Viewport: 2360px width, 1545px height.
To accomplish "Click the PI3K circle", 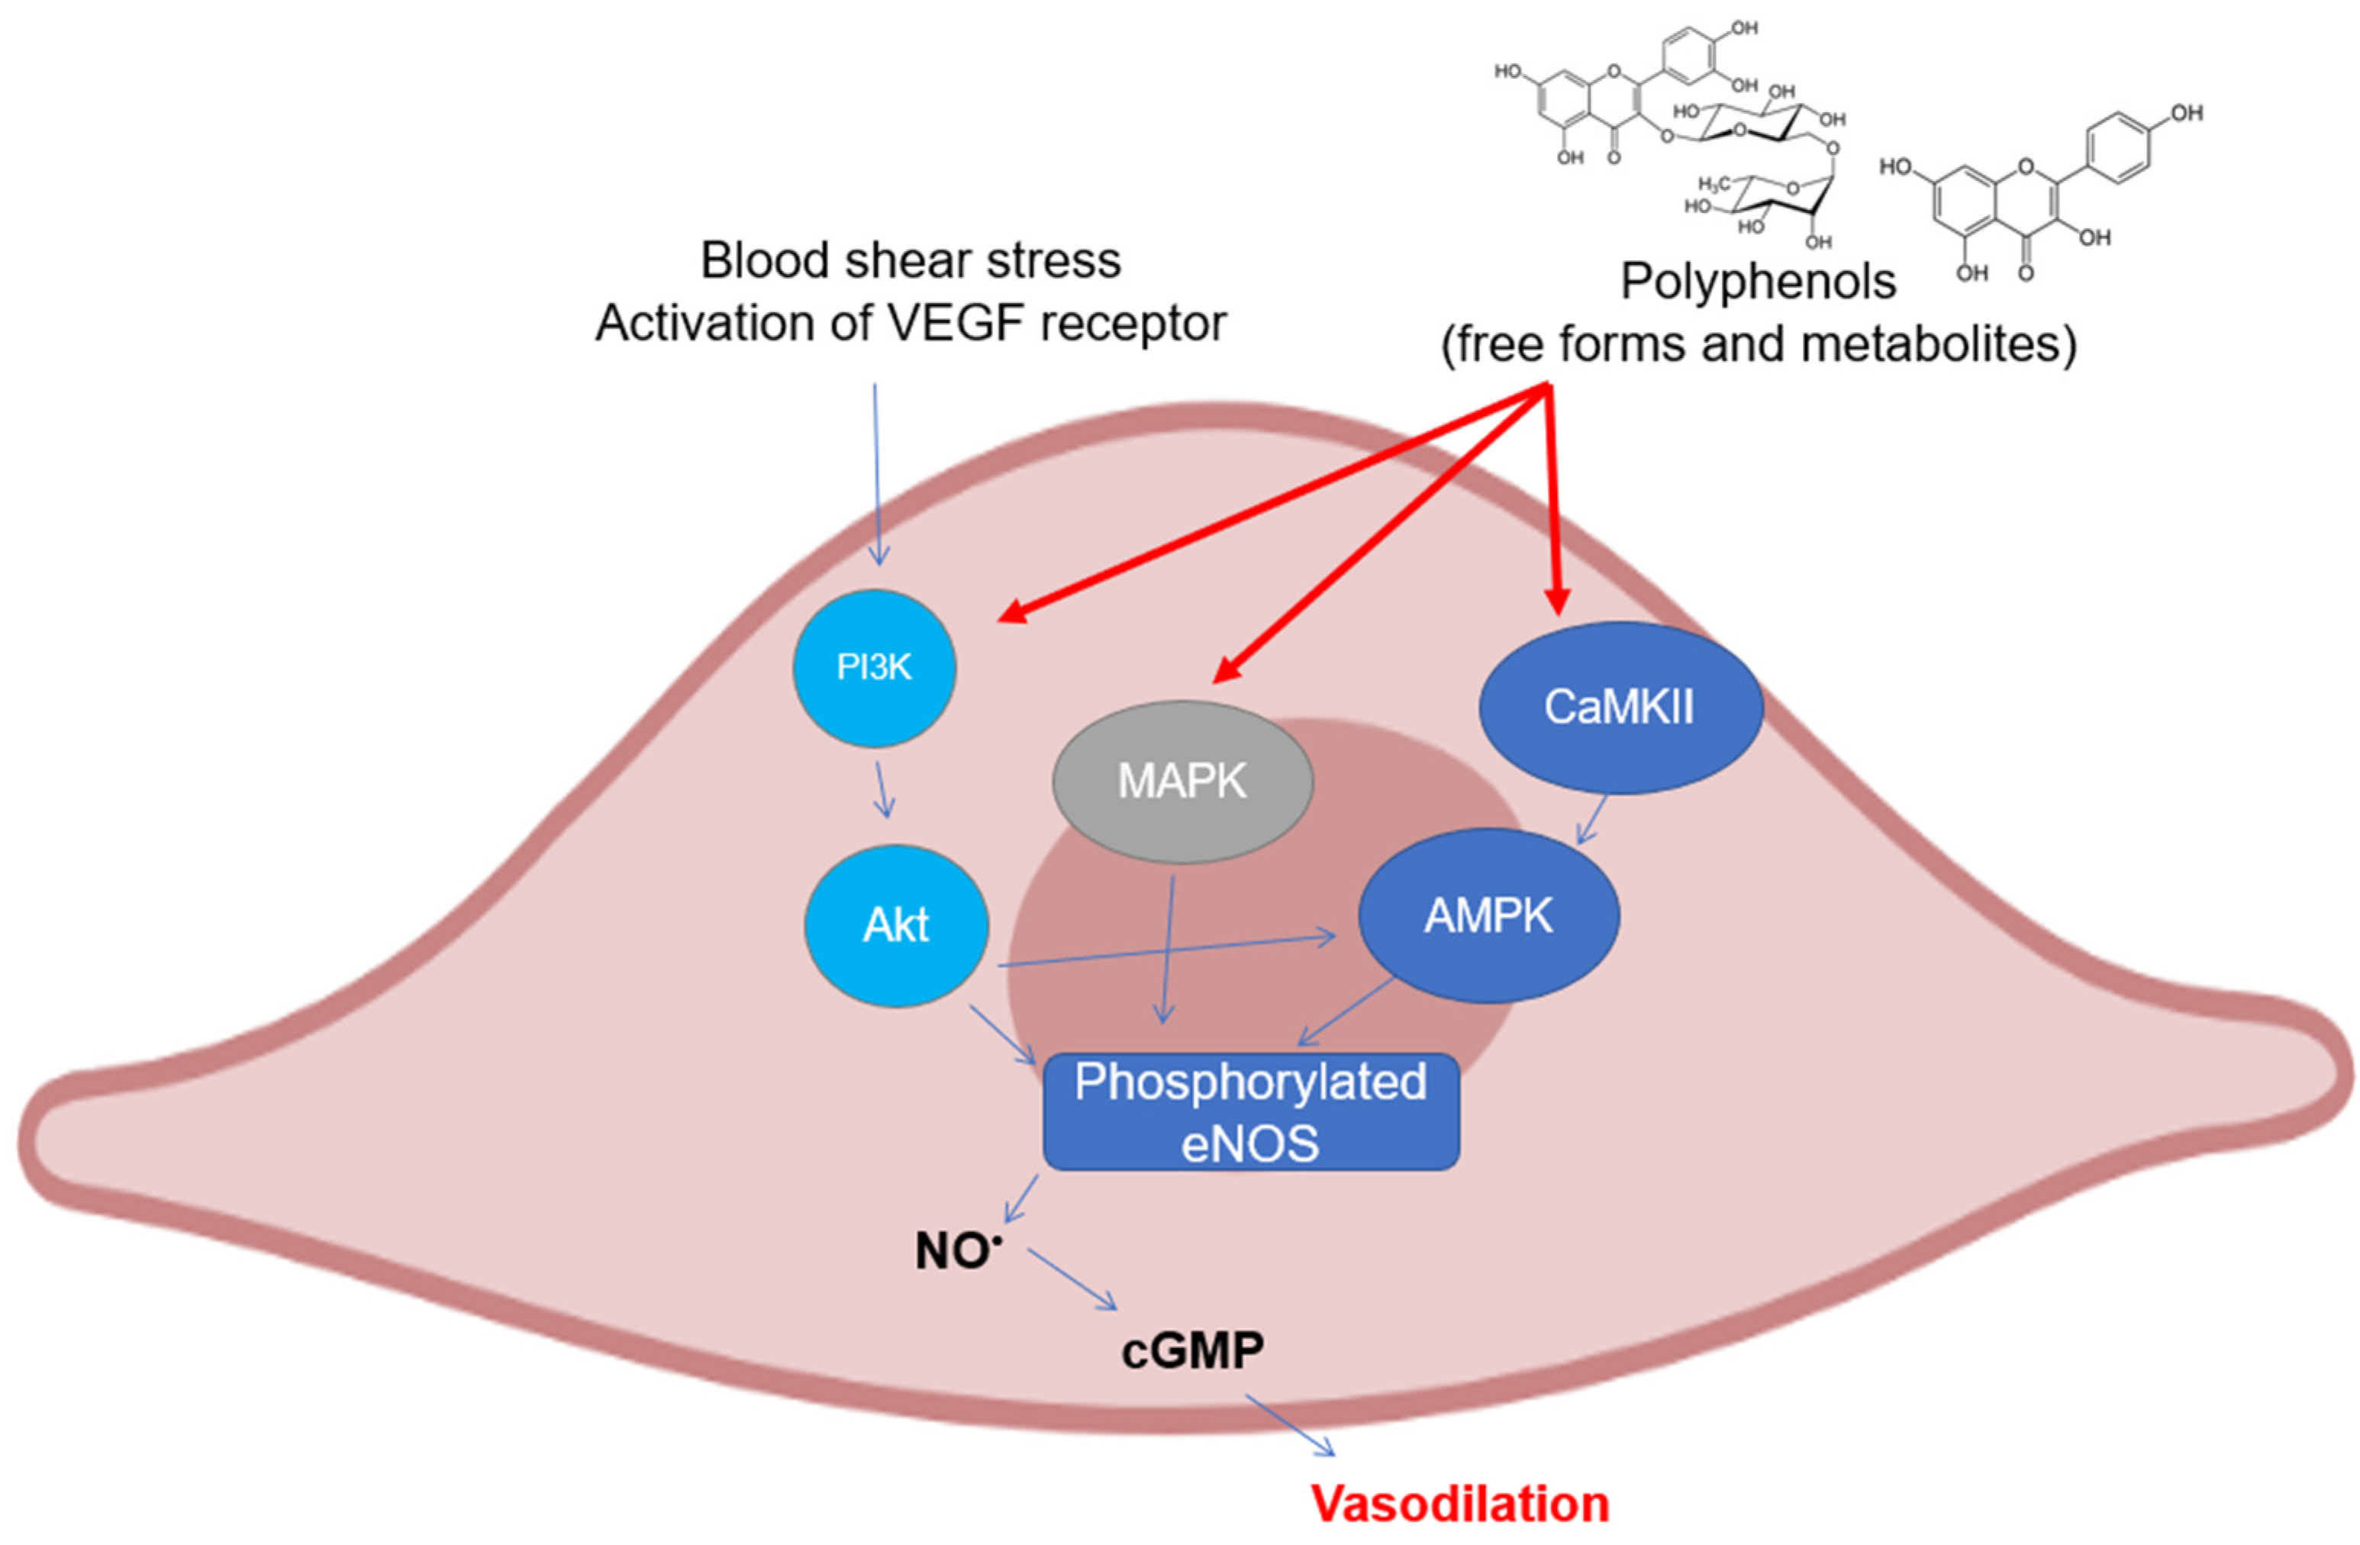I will [874, 667].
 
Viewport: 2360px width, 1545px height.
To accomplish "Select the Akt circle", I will [895, 925].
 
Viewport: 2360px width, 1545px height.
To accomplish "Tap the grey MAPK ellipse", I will [1182, 782].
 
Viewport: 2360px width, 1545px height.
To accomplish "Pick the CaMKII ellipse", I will [1620, 707].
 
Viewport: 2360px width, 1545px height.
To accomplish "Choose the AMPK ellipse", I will [1488, 915].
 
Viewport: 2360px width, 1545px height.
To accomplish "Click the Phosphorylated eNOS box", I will [1250, 1111].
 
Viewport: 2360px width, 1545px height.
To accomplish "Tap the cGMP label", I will [1192, 1350].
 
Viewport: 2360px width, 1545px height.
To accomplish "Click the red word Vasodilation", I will [1459, 1503].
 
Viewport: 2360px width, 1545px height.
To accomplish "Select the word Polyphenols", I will [1757, 282].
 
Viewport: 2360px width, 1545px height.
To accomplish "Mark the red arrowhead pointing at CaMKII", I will [1558, 601].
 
